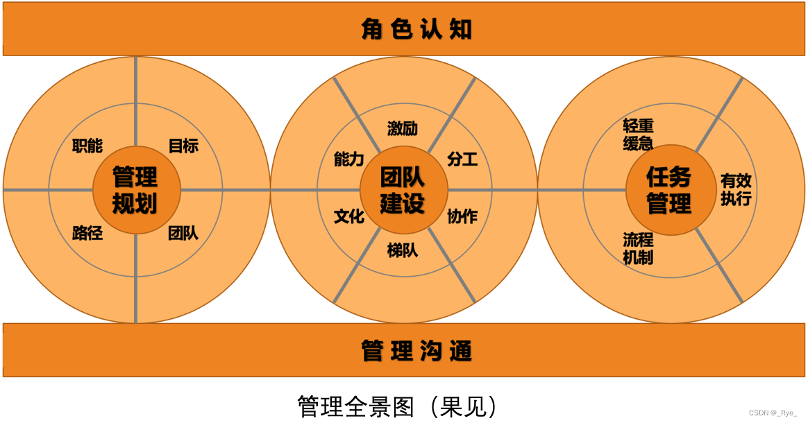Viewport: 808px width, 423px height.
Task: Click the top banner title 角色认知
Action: click(416, 29)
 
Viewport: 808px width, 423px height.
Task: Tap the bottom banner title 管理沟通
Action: click(416, 351)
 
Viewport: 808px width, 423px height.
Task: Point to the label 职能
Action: click(87, 146)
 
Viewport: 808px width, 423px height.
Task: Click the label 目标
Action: click(183, 146)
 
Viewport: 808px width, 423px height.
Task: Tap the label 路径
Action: click(87, 233)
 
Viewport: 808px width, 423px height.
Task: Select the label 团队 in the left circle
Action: click(183, 233)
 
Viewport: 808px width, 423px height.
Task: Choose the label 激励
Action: click(403, 128)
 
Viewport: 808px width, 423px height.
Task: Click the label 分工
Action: click(462, 159)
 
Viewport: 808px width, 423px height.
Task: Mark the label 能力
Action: click(348, 159)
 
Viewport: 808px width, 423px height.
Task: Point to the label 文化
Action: click(348, 216)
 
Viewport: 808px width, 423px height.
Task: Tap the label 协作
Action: click(462, 216)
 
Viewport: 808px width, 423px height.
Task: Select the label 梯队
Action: click(403, 250)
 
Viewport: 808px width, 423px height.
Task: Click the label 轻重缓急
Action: click(638, 134)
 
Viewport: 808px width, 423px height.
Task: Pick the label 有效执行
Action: click(736, 189)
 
